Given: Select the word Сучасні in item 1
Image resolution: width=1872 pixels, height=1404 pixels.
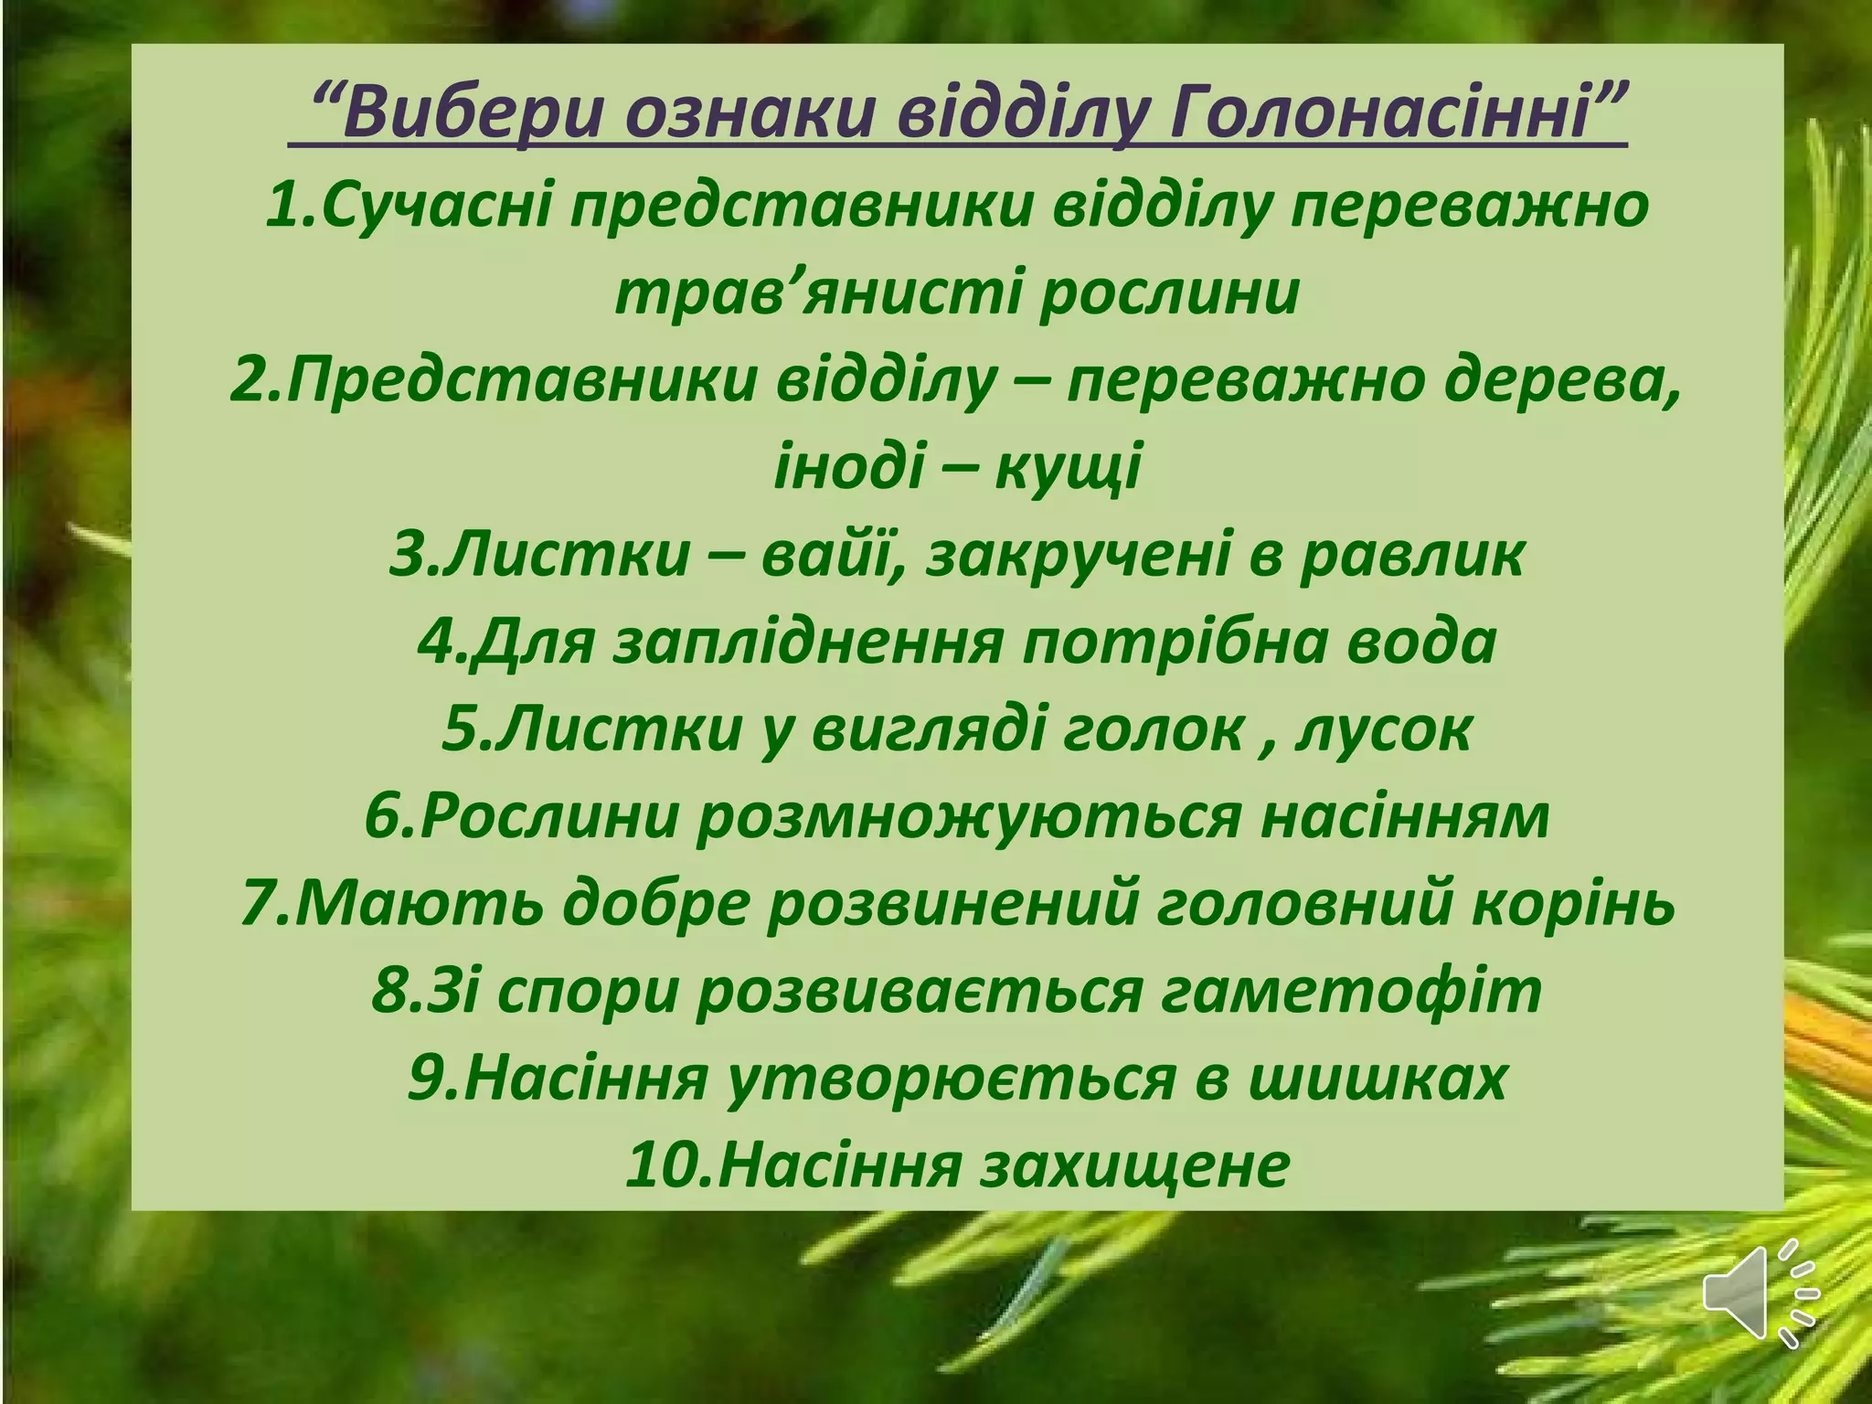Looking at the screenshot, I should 438,207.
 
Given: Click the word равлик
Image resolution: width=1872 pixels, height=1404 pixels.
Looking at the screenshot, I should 1412,555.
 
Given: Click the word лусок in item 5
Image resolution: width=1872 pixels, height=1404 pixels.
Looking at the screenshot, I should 1384,729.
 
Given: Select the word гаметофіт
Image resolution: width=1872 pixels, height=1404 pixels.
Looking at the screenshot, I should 1352,991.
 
